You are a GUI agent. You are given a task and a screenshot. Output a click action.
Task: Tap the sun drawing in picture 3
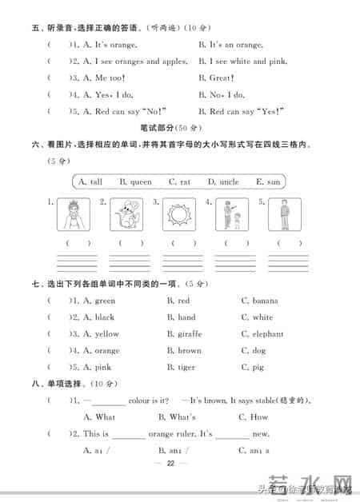click(180, 215)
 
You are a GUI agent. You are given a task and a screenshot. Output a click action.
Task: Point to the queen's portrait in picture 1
click(73, 215)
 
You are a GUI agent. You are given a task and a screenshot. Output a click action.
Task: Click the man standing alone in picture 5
click(285, 214)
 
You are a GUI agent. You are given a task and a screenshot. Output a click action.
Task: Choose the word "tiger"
click(186, 368)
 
